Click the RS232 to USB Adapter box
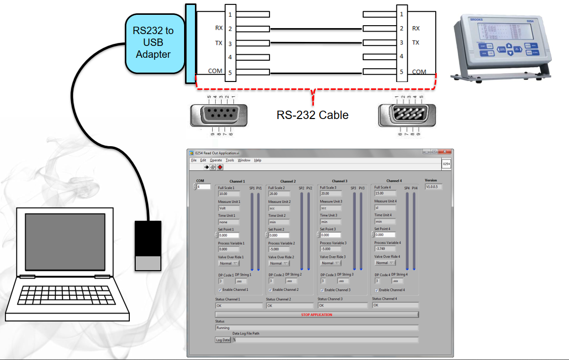pyautogui.click(x=153, y=43)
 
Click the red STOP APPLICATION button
pyautogui.click(x=316, y=315)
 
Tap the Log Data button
pyautogui.click(x=223, y=340)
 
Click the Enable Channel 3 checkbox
pyautogui.click(x=322, y=290)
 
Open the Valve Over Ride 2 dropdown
pyautogui.click(x=278, y=263)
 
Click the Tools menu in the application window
pyautogui.click(x=230, y=160)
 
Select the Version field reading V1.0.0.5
pyautogui.click(x=434, y=187)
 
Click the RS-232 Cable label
pyautogui.click(x=312, y=116)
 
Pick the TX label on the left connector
pyautogui.click(x=218, y=43)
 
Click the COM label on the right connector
pyautogui.click(x=419, y=72)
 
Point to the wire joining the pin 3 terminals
pyautogui.click(x=316, y=43)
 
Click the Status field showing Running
pyautogui.click(x=316, y=327)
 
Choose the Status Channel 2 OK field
pyautogui.click(x=290, y=306)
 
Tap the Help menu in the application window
pyautogui.click(x=258, y=160)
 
